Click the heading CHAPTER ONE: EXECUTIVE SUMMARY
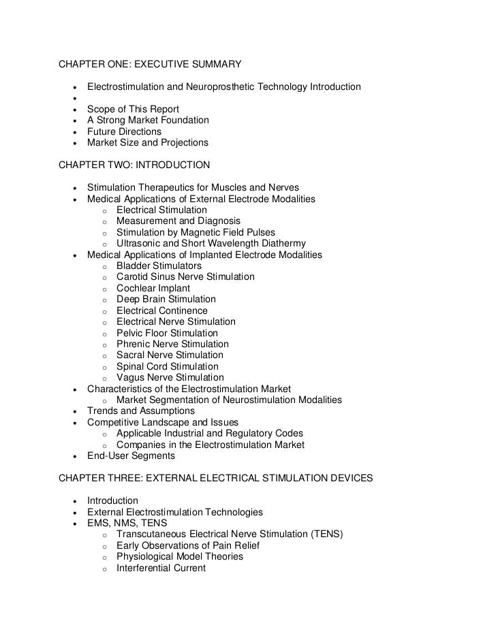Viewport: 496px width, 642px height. (150, 65)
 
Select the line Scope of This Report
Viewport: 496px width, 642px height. (133, 109)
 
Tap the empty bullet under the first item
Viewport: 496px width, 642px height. (72, 99)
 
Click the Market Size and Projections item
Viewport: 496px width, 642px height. (147, 143)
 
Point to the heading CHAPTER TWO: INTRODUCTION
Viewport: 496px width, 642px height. (134, 165)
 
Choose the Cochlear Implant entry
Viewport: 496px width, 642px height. (153, 288)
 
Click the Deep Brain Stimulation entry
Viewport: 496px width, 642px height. (166, 300)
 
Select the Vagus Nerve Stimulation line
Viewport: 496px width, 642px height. (170, 378)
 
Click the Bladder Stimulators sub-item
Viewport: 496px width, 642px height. (159, 266)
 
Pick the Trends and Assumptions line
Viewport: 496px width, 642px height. (140, 411)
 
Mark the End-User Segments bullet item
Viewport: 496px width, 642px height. (131, 456)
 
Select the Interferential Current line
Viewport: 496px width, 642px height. (161, 568)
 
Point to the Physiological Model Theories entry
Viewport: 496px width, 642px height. (179, 557)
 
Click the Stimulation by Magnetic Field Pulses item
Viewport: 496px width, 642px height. (196, 232)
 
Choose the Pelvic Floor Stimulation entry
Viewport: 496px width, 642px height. (167, 333)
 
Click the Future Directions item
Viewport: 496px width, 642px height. (124, 131)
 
